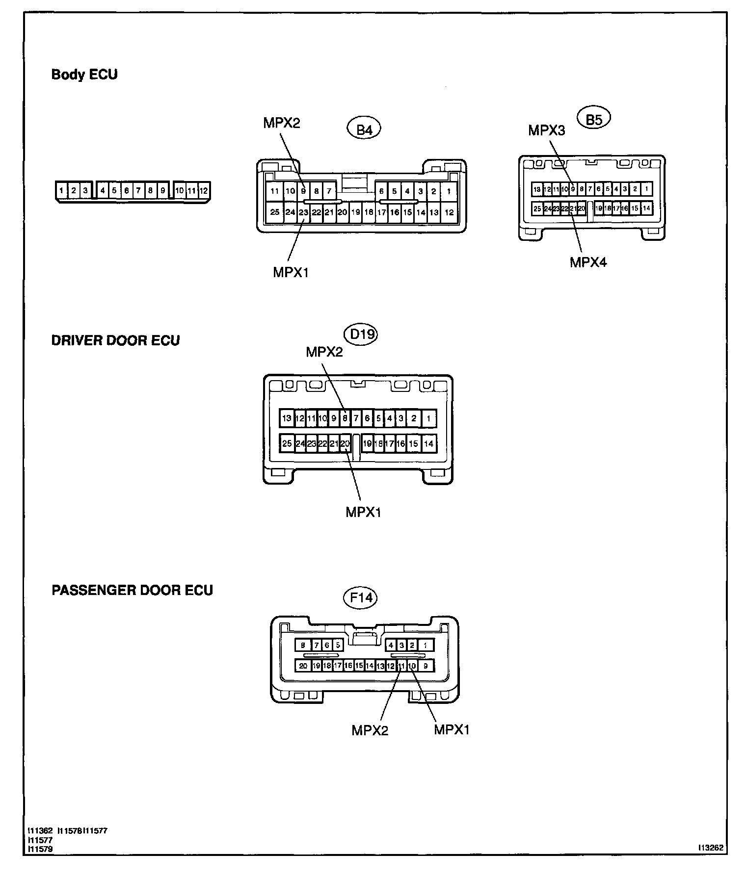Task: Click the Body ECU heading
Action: [84, 75]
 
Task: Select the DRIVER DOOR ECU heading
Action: [115, 340]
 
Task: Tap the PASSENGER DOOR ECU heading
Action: [132, 590]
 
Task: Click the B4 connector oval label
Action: [364, 129]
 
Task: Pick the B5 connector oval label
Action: [594, 119]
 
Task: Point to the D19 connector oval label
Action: [362, 335]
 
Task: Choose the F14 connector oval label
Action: [360, 598]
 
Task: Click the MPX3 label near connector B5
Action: [546, 130]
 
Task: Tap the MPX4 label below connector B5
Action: [588, 262]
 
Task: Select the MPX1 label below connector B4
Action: [291, 272]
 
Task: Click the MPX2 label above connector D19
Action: [324, 352]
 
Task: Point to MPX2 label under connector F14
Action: [370, 730]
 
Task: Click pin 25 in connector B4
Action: [275, 212]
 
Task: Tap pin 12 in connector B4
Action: [449, 212]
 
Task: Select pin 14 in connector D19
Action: [428, 444]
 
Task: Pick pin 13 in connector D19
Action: [287, 419]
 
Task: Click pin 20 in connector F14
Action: [303, 666]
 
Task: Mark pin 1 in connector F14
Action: [426, 646]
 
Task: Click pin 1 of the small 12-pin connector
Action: [61, 190]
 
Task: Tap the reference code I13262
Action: [712, 847]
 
